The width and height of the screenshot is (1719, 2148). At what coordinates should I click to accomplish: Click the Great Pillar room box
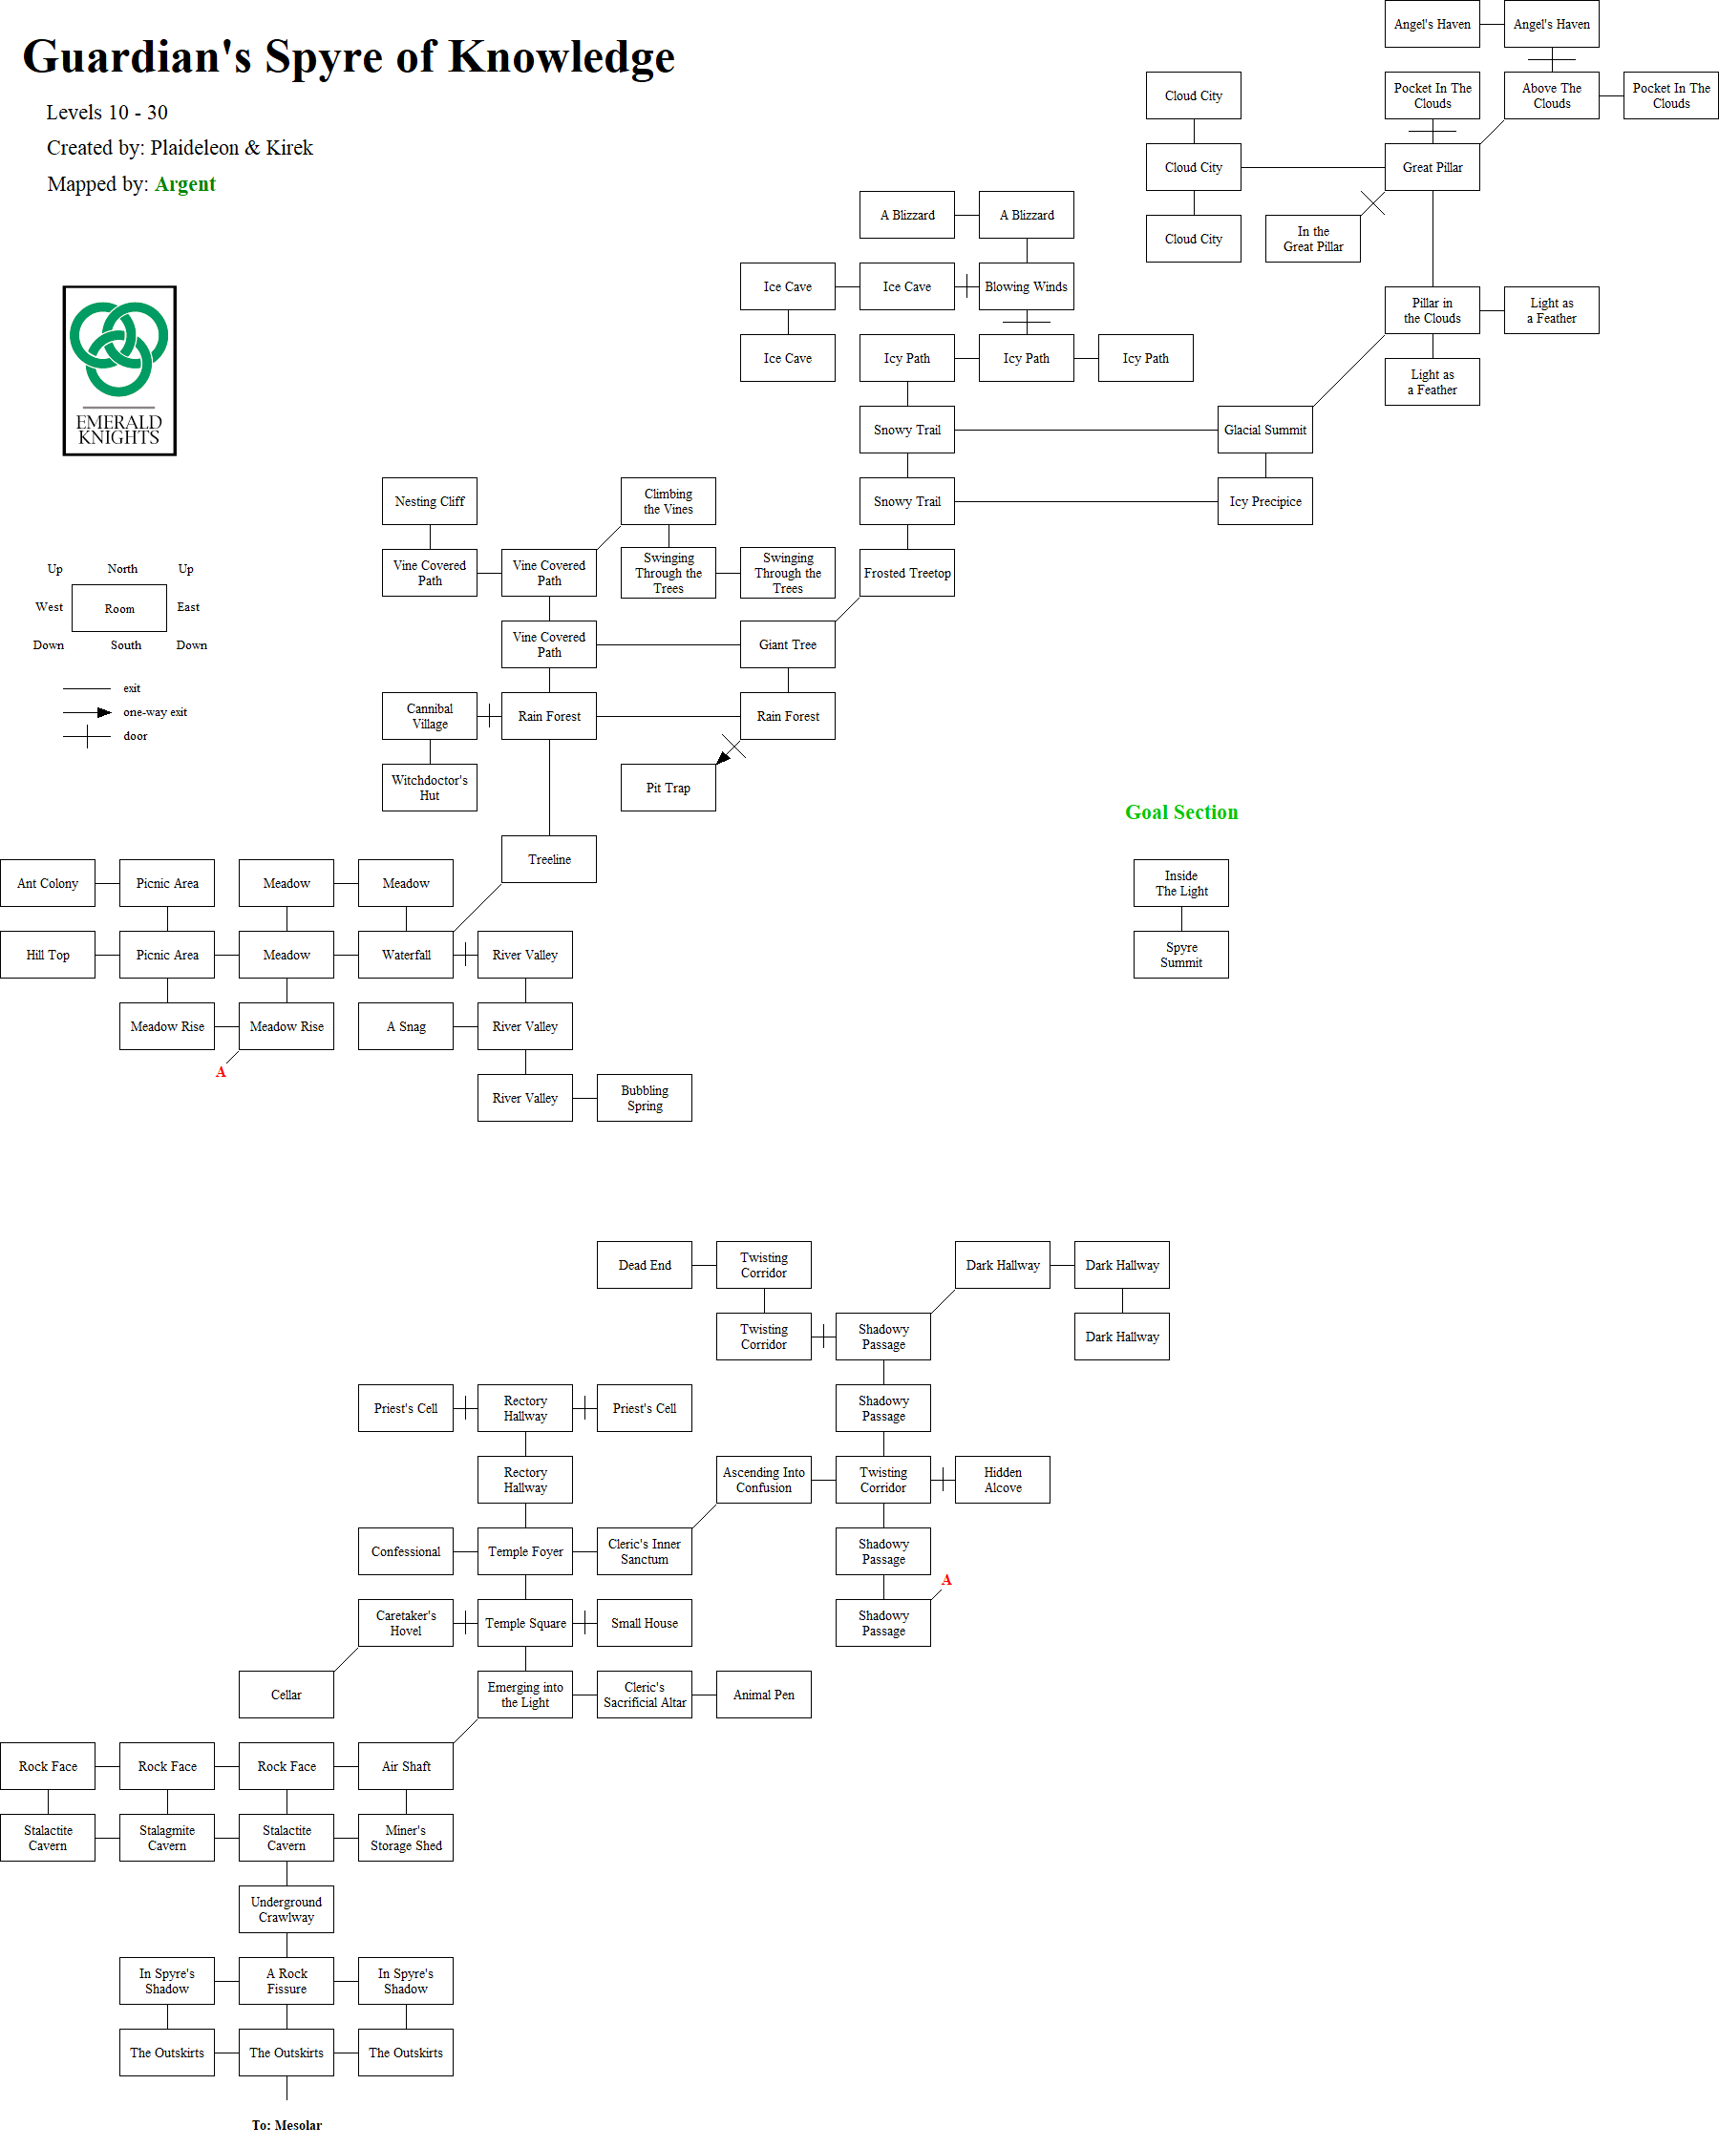tap(1432, 167)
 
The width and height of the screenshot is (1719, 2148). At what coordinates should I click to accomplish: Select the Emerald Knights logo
tap(119, 370)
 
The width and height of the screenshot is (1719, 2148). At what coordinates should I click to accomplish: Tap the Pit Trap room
tap(668, 788)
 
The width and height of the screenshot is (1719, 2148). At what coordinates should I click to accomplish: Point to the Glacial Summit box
tap(1264, 430)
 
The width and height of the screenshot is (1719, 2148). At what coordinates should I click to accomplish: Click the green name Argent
tap(185, 184)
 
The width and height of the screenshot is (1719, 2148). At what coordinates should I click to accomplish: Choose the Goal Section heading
tap(1181, 812)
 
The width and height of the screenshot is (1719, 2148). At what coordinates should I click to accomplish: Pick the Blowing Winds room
tap(1026, 287)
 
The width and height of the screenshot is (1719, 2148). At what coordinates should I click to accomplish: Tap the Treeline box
tap(549, 859)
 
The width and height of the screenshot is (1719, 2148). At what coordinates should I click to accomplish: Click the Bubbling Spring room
tap(644, 1098)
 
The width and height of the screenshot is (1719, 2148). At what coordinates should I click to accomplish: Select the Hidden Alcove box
tap(1003, 1480)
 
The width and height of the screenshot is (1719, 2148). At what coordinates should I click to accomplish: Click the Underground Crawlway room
tap(286, 1909)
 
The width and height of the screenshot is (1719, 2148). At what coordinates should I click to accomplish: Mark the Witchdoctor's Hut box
tap(430, 788)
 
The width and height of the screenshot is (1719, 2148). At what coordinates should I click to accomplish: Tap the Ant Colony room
tap(48, 883)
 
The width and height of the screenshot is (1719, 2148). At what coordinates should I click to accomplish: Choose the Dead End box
tap(644, 1265)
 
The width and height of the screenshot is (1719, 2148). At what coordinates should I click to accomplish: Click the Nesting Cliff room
tap(430, 501)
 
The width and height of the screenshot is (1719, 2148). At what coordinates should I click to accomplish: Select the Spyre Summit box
tap(1181, 955)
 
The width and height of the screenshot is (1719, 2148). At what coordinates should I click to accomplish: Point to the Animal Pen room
tap(763, 1695)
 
